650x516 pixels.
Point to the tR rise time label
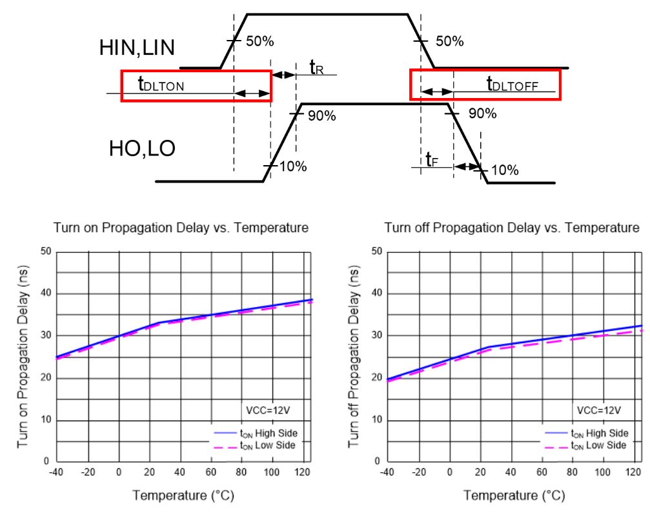tap(316, 67)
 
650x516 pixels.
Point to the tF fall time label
tap(431, 159)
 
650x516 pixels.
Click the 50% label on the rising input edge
tap(260, 41)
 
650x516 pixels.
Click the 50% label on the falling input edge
tap(449, 41)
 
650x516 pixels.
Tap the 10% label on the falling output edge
tap(505, 170)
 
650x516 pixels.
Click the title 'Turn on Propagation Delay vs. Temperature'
tap(181, 228)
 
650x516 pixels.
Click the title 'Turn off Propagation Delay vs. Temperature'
tap(512, 228)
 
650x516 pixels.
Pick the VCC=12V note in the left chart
tap(270, 410)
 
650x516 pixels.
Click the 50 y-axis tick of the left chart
tap(45, 251)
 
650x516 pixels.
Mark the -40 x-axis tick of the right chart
tap(387, 472)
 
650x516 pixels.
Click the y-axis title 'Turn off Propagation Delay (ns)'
tap(353, 357)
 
